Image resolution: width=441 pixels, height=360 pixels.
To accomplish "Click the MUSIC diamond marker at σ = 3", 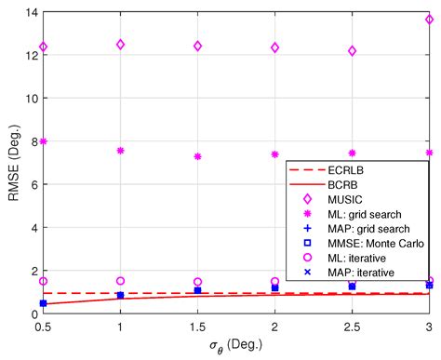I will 429,20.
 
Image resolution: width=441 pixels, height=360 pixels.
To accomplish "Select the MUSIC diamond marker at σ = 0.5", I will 43,47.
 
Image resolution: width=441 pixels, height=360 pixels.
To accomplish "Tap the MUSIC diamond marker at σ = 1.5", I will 197,46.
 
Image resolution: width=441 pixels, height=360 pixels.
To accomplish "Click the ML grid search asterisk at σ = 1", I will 120,150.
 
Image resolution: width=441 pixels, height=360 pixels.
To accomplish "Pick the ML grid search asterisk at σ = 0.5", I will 43,141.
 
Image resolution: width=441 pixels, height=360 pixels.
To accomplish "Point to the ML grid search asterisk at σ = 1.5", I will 197,156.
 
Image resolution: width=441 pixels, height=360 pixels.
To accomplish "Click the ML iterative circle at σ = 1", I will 120,281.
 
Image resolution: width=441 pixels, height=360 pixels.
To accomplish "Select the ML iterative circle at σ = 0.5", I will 43,281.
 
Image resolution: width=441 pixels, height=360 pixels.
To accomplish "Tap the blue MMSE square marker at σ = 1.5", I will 197,290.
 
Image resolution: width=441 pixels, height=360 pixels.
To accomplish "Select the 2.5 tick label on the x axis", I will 352,327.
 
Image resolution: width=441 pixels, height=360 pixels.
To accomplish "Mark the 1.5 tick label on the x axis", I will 197,327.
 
